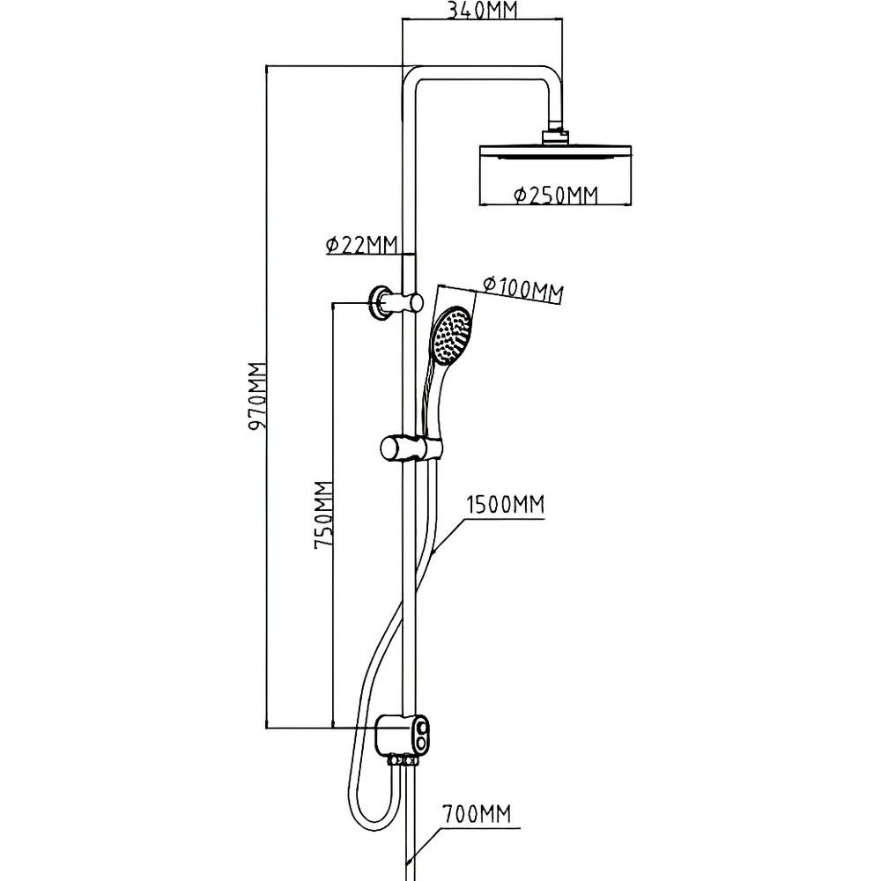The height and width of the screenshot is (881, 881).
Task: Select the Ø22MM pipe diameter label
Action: [x=360, y=245]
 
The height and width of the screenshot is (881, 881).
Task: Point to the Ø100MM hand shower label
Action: [x=522, y=287]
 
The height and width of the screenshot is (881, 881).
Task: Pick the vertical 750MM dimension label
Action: [x=323, y=515]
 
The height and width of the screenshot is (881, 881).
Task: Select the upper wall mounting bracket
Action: [x=383, y=300]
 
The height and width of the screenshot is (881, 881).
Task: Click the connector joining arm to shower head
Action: [x=555, y=134]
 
